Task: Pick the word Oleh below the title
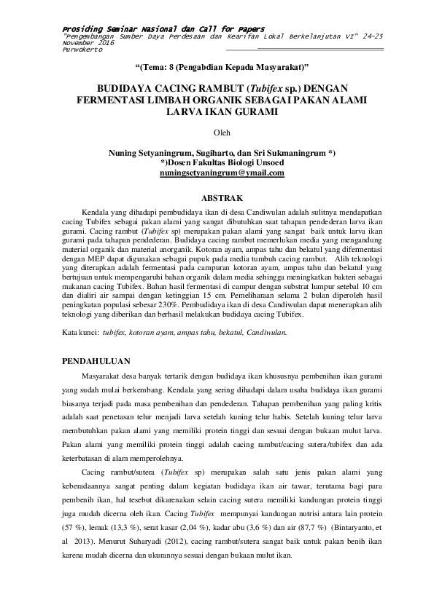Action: (x=220, y=133)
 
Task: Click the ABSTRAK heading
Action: (x=220, y=197)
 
